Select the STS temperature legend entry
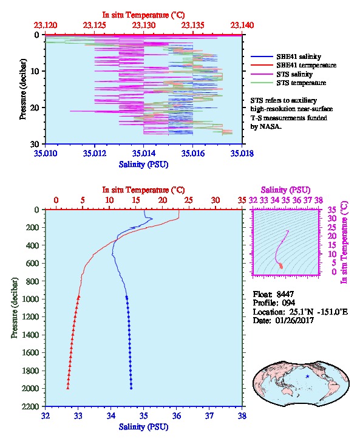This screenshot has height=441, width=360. (288, 83)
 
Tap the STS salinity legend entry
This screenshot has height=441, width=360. (282, 74)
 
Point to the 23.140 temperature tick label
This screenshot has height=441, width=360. (242, 26)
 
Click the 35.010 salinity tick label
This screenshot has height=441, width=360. (46, 153)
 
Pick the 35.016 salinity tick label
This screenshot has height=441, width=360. (193, 153)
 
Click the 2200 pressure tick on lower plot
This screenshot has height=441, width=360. (30, 406)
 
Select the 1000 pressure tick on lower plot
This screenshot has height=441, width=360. (30, 299)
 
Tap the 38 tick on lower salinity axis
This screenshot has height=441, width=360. (242, 415)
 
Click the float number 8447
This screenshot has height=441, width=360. (285, 294)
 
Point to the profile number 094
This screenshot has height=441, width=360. (288, 303)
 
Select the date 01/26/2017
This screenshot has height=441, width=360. (294, 320)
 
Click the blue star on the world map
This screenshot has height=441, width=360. (307, 376)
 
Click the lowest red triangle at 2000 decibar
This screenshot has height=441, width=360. (68, 388)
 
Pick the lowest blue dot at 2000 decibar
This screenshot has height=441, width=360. (131, 388)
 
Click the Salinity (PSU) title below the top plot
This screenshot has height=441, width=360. (144, 164)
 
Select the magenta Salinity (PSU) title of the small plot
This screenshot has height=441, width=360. (285, 190)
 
